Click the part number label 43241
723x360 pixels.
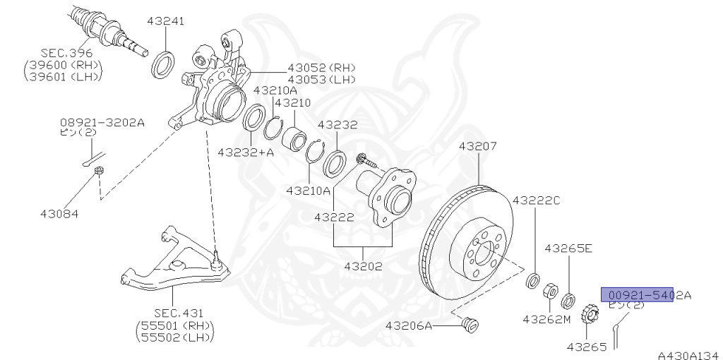(165, 21)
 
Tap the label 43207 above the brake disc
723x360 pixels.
(477, 147)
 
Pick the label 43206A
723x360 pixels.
(410, 325)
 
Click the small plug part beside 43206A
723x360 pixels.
(469, 325)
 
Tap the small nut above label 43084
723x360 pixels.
(101, 170)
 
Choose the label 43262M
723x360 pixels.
(546, 318)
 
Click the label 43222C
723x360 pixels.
(536, 200)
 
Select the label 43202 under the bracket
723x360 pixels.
(364, 267)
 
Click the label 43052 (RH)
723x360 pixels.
(321, 68)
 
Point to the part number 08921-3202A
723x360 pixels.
(102, 122)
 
